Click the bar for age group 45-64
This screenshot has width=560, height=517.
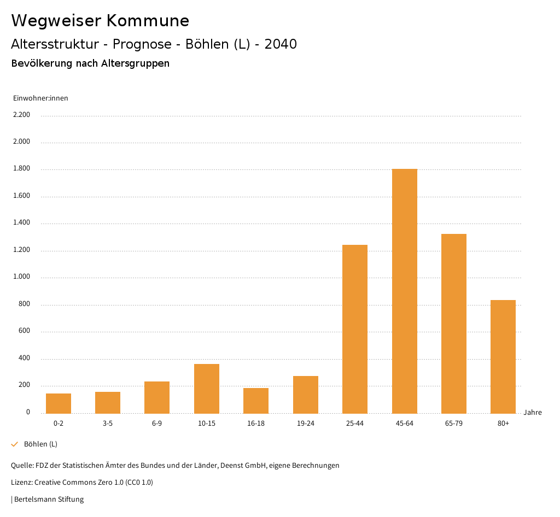point(404,291)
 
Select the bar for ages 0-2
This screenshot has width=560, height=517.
point(59,403)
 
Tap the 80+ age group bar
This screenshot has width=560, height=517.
point(503,356)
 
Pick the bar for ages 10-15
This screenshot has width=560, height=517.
point(207,389)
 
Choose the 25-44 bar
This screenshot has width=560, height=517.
point(355,329)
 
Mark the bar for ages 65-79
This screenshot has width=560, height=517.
point(454,324)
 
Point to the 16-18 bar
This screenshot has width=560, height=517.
point(256,401)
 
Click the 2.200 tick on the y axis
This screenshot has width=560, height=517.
point(22,115)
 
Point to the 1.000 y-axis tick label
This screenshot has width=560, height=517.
point(22,277)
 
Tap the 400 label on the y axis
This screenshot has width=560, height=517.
point(24,358)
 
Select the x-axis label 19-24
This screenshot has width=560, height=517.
point(306,424)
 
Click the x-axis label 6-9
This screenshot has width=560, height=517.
point(157,424)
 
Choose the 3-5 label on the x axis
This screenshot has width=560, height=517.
point(108,424)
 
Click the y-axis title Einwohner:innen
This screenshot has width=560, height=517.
point(40,98)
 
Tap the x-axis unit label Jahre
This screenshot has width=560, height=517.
point(533,413)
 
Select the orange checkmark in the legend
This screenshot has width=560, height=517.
point(15,444)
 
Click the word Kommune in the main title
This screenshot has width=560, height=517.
point(148,21)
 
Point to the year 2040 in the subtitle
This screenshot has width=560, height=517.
point(281,44)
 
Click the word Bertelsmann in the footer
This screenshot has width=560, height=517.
point(34,499)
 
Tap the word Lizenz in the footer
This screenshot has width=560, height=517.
point(21,483)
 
